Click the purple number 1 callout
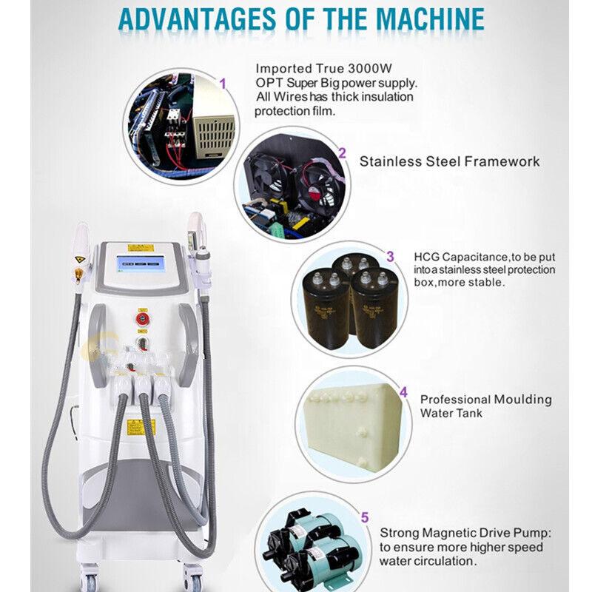tap(222, 83)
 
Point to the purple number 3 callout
tap(390, 257)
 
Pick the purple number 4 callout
tap(403, 392)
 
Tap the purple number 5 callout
tap(363, 518)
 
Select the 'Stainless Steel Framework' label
tap(449, 161)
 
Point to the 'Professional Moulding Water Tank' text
tap(485, 406)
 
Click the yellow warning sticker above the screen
tap(140, 247)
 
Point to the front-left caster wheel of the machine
tap(91, 577)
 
